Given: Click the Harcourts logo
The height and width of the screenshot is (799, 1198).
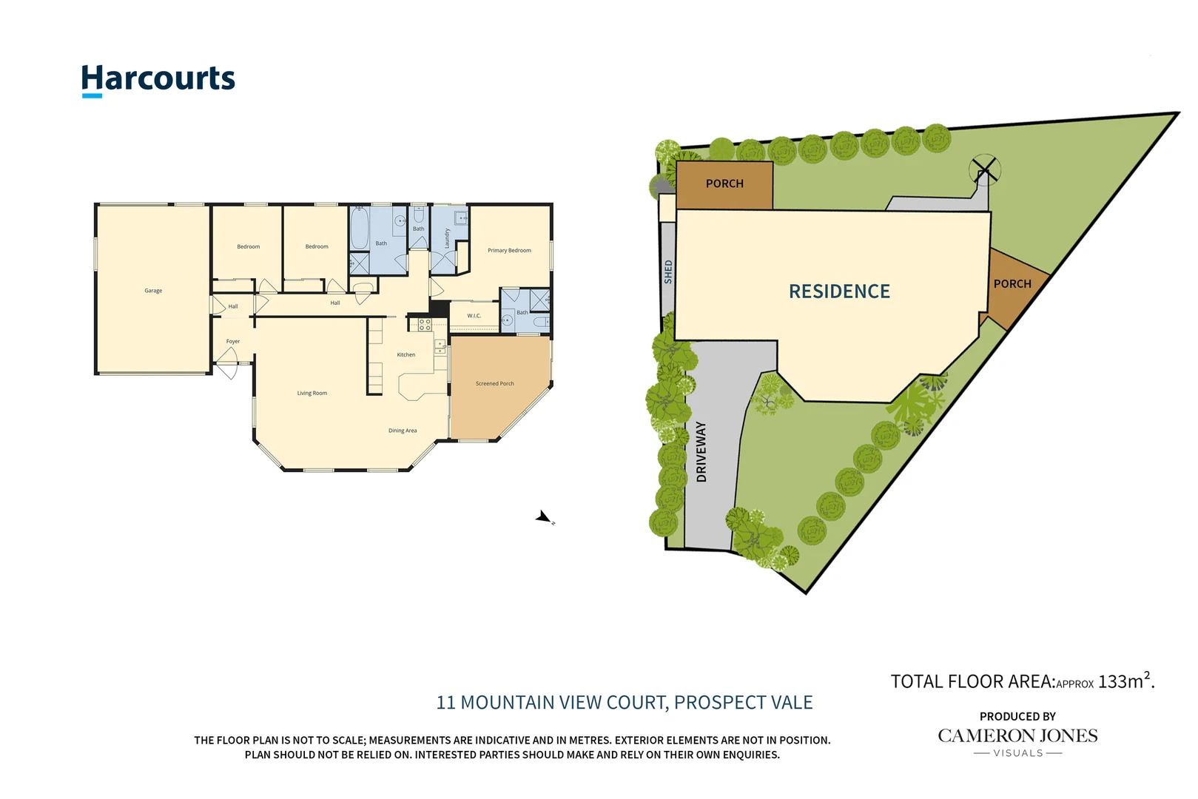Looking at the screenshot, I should click(x=158, y=79).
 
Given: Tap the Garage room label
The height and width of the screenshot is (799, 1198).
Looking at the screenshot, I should click(x=153, y=291).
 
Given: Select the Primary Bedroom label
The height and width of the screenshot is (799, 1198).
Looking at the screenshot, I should click(x=509, y=251).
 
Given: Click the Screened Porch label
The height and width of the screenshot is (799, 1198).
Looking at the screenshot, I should click(x=494, y=384).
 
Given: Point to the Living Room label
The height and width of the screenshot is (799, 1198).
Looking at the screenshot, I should click(x=312, y=394).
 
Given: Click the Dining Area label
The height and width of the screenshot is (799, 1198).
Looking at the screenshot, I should click(x=403, y=431).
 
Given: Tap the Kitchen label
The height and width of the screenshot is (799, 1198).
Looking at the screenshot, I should click(x=406, y=355).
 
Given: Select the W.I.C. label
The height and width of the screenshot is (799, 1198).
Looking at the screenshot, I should click(x=474, y=316).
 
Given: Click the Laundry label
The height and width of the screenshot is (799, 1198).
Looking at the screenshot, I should click(x=447, y=238).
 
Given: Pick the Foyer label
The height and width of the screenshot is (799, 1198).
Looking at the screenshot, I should click(x=233, y=342).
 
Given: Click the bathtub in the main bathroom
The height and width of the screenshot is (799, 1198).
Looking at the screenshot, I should click(x=360, y=228).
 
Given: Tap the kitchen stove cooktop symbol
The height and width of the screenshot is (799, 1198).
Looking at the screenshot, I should click(x=425, y=325).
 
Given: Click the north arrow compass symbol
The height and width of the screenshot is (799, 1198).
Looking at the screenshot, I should click(x=545, y=518).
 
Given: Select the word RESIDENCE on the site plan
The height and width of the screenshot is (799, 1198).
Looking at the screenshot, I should click(x=839, y=291).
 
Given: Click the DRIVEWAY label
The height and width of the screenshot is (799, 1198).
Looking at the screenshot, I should click(x=701, y=452).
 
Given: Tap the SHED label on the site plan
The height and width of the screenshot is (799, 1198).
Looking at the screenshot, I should click(x=668, y=272).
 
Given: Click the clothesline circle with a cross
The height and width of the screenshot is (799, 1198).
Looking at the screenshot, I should click(x=985, y=170).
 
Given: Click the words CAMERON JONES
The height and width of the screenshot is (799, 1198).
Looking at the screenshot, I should click(x=1017, y=736).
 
